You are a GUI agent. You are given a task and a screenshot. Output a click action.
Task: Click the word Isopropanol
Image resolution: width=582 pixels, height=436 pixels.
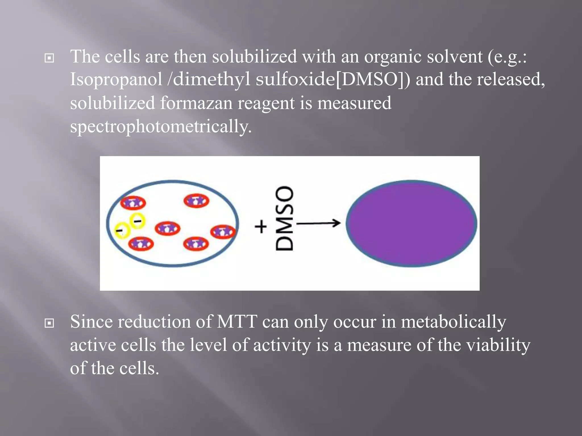point(116,80)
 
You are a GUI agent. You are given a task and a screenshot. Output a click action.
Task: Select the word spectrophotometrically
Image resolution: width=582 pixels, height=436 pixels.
point(161,126)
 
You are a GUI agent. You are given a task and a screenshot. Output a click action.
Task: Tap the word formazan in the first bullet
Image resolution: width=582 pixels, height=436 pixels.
point(196,103)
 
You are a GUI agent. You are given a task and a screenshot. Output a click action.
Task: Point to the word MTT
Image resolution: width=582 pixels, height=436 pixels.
point(237,322)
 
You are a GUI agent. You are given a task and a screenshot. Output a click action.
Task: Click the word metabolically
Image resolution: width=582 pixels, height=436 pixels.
point(454,322)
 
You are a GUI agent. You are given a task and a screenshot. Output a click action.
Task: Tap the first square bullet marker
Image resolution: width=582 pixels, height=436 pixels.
point(49,58)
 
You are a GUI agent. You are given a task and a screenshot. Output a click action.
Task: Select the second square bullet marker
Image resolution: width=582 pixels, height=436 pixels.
point(49,323)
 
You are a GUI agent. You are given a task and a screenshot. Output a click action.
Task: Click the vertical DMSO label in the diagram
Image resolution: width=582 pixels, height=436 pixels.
point(284,219)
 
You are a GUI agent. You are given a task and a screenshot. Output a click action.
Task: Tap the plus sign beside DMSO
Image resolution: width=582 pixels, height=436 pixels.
point(261,227)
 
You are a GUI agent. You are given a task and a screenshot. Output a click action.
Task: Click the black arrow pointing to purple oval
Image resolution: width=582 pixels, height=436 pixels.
point(318,223)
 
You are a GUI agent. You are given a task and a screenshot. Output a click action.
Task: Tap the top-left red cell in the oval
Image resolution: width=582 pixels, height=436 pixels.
point(133,203)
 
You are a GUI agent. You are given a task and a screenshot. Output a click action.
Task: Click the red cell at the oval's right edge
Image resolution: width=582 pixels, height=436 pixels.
point(223,232)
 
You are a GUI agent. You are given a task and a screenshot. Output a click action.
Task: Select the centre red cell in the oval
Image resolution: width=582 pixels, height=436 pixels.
point(167,229)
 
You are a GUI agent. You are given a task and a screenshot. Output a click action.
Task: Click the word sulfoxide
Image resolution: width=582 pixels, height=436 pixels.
point(295,79)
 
